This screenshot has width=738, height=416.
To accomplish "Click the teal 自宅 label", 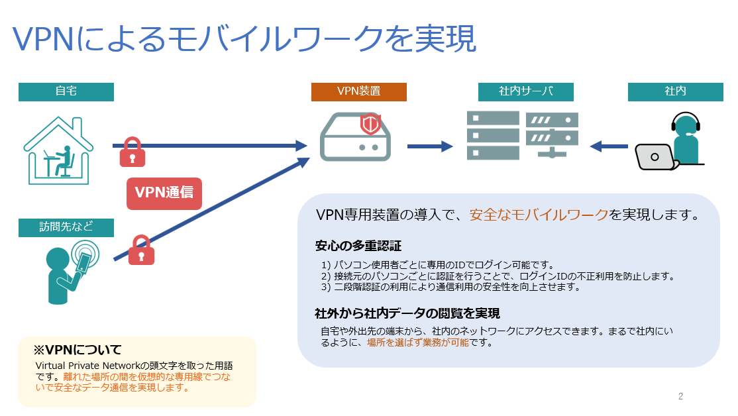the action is (x=66, y=92).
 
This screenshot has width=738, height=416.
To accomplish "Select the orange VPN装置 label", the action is (x=358, y=92).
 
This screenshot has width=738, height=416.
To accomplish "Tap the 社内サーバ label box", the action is (x=526, y=92).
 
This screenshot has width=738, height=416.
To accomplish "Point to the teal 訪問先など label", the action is (x=66, y=227).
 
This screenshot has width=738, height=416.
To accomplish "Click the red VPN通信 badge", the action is (x=164, y=193).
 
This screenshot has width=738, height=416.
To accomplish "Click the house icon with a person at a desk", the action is (x=58, y=150).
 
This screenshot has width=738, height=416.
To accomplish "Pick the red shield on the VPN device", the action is (x=370, y=124).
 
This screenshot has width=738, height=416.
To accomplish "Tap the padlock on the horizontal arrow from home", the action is (x=132, y=152).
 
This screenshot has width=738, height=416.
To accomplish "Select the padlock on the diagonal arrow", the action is (x=142, y=250).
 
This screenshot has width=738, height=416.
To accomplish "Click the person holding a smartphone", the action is (x=72, y=272).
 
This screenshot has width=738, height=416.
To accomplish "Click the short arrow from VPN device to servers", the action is (x=430, y=146).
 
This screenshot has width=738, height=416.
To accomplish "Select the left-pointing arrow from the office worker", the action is (x=609, y=146).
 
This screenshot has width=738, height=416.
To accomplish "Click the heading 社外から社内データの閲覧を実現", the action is (x=407, y=313).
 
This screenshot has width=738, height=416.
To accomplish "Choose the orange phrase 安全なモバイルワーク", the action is (x=539, y=215).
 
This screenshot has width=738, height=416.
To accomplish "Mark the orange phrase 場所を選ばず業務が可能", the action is (x=418, y=342).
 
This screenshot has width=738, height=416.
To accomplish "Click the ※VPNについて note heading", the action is (x=78, y=350).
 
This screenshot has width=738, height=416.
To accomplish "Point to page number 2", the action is (x=680, y=396).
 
